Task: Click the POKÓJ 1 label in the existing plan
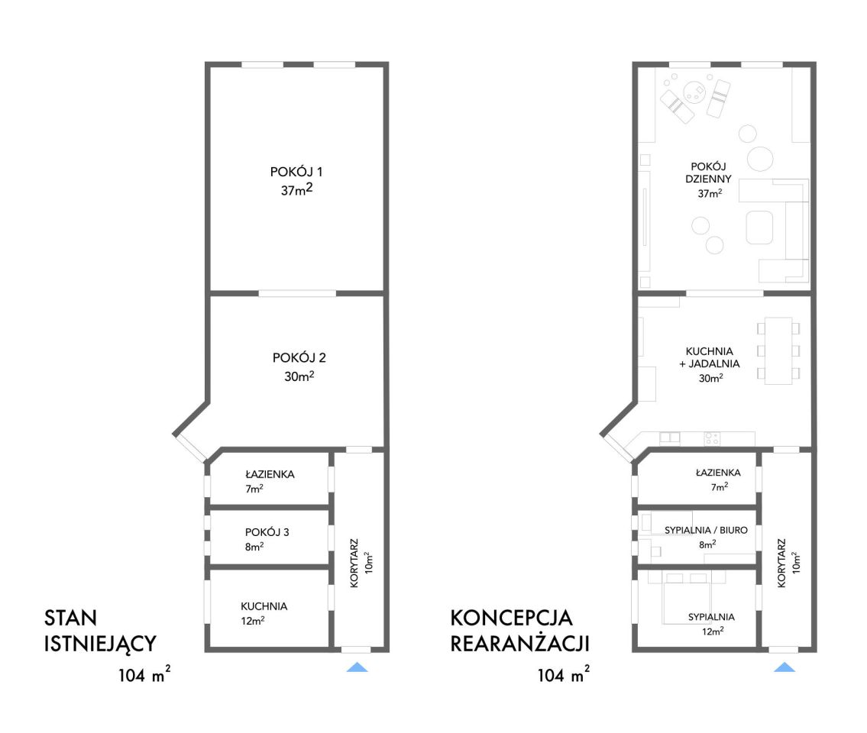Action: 296,172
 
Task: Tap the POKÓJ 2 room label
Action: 299,357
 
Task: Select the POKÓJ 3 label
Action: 267,531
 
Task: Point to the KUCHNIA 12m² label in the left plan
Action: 264,613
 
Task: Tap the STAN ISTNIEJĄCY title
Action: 100,630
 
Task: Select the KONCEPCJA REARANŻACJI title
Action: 519,630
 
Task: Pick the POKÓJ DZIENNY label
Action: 708,173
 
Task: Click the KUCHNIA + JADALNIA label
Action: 710,357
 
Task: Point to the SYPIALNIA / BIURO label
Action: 706,530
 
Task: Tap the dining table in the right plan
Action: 778,350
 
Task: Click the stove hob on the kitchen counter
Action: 712,438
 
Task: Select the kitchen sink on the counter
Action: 670,438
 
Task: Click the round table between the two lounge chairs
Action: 694,92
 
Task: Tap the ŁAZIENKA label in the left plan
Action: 270,474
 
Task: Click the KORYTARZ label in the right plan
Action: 781,563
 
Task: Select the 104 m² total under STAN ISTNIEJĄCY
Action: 144,674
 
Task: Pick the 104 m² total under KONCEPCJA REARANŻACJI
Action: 564,674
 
